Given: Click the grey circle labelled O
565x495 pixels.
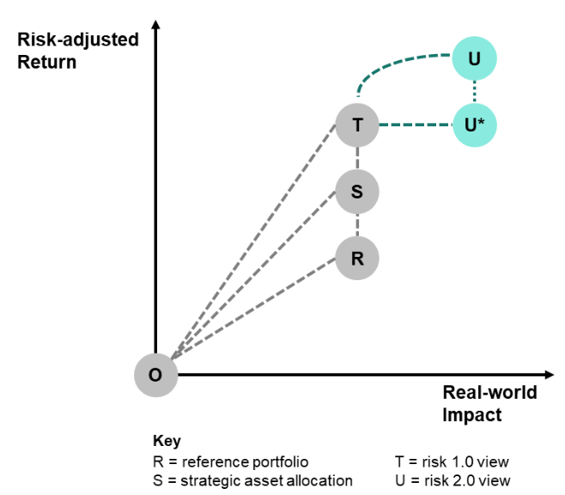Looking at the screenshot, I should pyautogui.click(x=155, y=375).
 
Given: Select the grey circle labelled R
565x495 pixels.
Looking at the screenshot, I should pyautogui.click(x=357, y=257).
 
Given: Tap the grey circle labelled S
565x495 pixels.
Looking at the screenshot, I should pyautogui.click(x=357, y=192).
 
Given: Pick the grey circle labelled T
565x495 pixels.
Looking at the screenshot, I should pyautogui.click(x=357, y=125).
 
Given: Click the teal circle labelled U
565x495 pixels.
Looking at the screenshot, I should pyautogui.click(x=474, y=58).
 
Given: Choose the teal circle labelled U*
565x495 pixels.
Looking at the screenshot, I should pyautogui.click(x=474, y=125).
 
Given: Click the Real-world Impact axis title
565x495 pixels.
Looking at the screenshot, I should pyautogui.click(x=489, y=403).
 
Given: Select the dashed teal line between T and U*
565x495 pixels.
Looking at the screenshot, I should pyautogui.click(x=416, y=125).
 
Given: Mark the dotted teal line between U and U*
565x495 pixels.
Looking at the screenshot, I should pyautogui.click(x=474, y=92).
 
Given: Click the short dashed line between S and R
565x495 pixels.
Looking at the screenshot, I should pyautogui.click(x=357, y=224).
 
